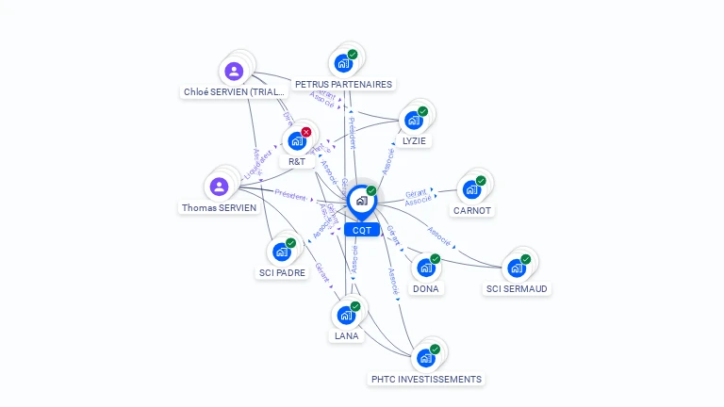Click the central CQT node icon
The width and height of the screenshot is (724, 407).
click(361, 200)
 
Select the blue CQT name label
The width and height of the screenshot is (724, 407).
click(361, 230)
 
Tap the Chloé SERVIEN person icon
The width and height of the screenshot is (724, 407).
click(234, 71)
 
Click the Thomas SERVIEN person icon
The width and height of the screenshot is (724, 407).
click(220, 187)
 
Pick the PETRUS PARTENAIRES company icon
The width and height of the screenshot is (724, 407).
click(342, 63)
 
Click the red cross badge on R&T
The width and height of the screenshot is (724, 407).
click(306, 133)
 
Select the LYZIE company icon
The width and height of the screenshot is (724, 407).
click(413, 121)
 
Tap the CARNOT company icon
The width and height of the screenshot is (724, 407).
click(471, 189)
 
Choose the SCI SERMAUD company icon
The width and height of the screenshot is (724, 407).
click(516, 268)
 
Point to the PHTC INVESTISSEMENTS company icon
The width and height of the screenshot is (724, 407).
click(426, 358)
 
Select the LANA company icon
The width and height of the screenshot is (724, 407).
click(346, 315)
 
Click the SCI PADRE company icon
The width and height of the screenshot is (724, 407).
click(281, 252)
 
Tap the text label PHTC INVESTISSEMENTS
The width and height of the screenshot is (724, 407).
click(426, 379)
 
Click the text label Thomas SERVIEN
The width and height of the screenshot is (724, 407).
click(219, 207)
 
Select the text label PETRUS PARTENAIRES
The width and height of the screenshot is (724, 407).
click(343, 84)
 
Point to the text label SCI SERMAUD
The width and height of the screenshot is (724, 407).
click(517, 288)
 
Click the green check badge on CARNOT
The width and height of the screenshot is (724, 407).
click(481, 181)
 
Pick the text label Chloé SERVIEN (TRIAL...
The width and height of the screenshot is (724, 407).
click(234, 91)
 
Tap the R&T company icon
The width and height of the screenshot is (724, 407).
click(297, 141)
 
